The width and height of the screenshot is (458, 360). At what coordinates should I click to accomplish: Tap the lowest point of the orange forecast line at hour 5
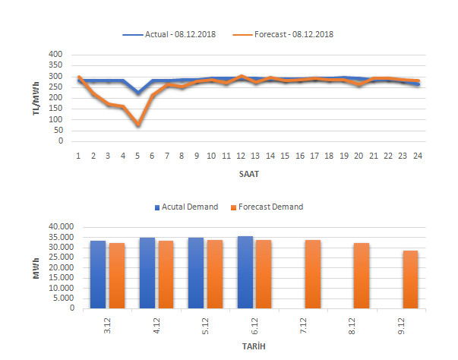coord(137,124)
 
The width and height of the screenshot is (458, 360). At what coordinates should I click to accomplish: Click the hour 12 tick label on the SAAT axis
coord(241,155)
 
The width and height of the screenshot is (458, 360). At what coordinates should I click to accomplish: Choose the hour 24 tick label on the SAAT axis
coord(418,155)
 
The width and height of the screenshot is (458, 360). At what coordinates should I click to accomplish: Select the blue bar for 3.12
coord(97,274)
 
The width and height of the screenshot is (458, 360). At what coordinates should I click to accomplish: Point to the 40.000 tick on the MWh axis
coord(57,226)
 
